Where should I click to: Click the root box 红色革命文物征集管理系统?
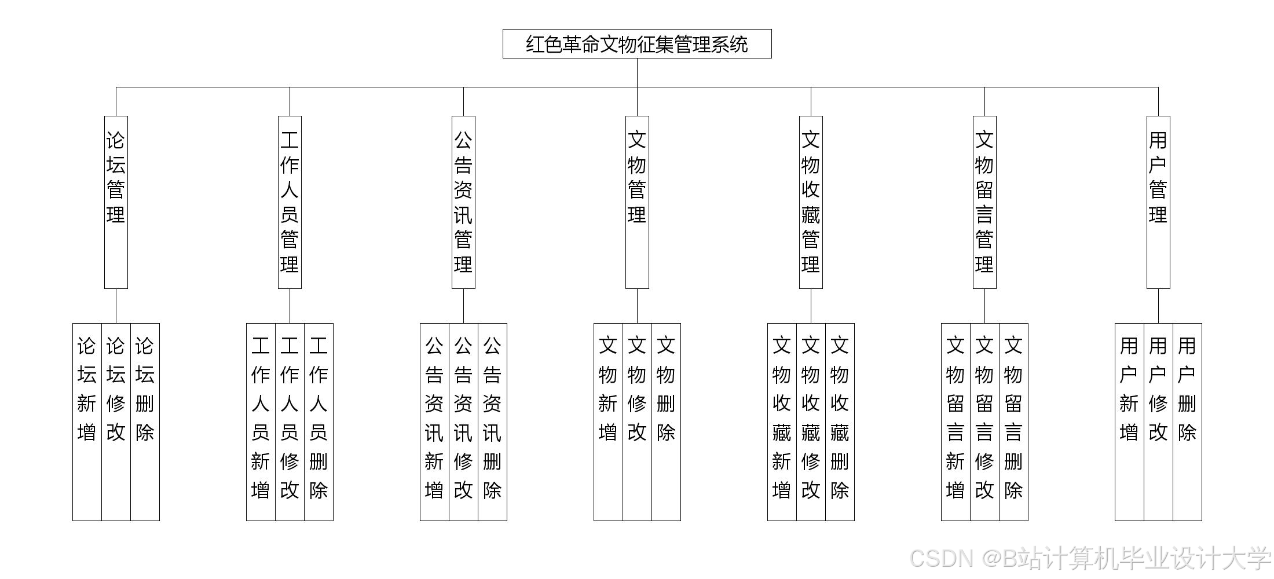pyautogui.click(x=637, y=44)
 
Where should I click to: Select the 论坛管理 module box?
pyautogui.click(x=116, y=202)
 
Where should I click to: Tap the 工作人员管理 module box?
pyautogui.click(x=290, y=202)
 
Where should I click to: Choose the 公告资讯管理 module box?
pyautogui.click(x=463, y=202)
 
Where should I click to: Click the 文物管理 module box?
pyautogui.click(x=637, y=202)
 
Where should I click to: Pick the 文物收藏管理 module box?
pyautogui.click(x=811, y=202)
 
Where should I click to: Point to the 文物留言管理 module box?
pyautogui.click(x=984, y=202)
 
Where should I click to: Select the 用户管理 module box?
pyautogui.click(x=1158, y=202)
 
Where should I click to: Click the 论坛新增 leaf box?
pyautogui.click(x=87, y=422)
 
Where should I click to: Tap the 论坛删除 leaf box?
pyautogui.click(x=145, y=422)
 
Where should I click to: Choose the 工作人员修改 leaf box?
pyautogui.click(x=290, y=422)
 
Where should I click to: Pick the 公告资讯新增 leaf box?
pyautogui.click(x=434, y=422)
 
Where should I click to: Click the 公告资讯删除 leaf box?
pyautogui.click(x=492, y=422)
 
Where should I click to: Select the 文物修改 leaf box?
pyautogui.click(x=637, y=422)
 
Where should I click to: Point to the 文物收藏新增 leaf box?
pyautogui.click(x=782, y=422)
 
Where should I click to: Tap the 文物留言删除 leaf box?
pyautogui.click(x=1013, y=422)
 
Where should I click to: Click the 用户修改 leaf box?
pyautogui.click(x=1158, y=422)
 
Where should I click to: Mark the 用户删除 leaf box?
pyautogui.click(x=1187, y=422)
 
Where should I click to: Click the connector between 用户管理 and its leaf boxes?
pyautogui.click(x=1158, y=306)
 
